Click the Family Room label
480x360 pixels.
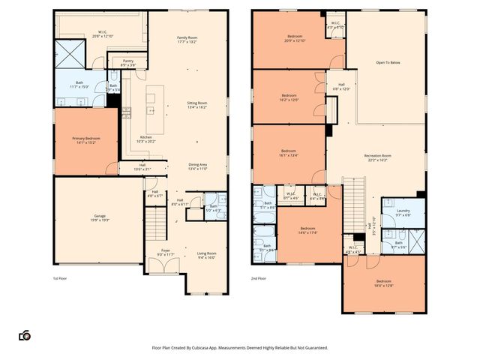click(187, 37)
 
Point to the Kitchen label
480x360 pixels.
click(146, 137)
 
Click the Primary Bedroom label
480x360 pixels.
click(86, 139)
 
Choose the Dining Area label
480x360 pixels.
click(198, 166)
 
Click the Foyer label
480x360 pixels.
click(165, 252)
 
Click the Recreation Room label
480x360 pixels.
click(377, 157)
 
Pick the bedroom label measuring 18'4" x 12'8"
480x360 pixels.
click(383, 283)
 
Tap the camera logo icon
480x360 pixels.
click(25, 335)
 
